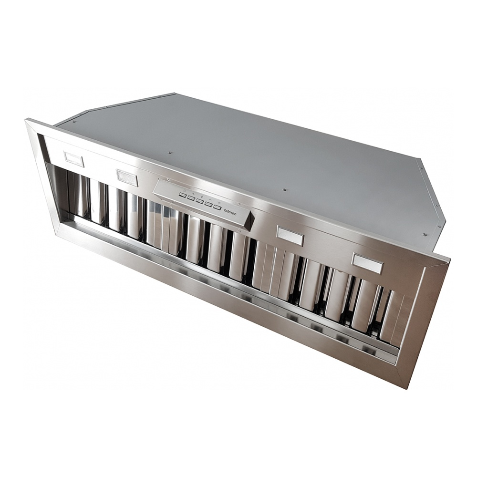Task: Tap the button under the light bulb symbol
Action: coord(217,207)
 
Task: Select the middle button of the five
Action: coord(199,201)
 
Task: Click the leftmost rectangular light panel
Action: coord(74,158)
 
